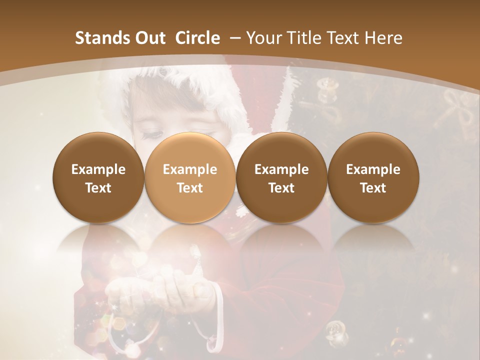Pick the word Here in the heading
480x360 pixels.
(x=383, y=38)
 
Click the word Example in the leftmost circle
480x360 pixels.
(x=98, y=169)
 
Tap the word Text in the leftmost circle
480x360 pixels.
(x=98, y=188)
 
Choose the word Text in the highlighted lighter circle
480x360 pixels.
(x=190, y=188)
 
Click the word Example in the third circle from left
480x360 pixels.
(x=281, y=169)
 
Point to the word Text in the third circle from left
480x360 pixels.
(x=281, y=188)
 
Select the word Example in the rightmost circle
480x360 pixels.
(x=373, y=169)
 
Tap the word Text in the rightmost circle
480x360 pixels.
(x=373, y=188)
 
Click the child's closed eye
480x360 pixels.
(x=153, y=133)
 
